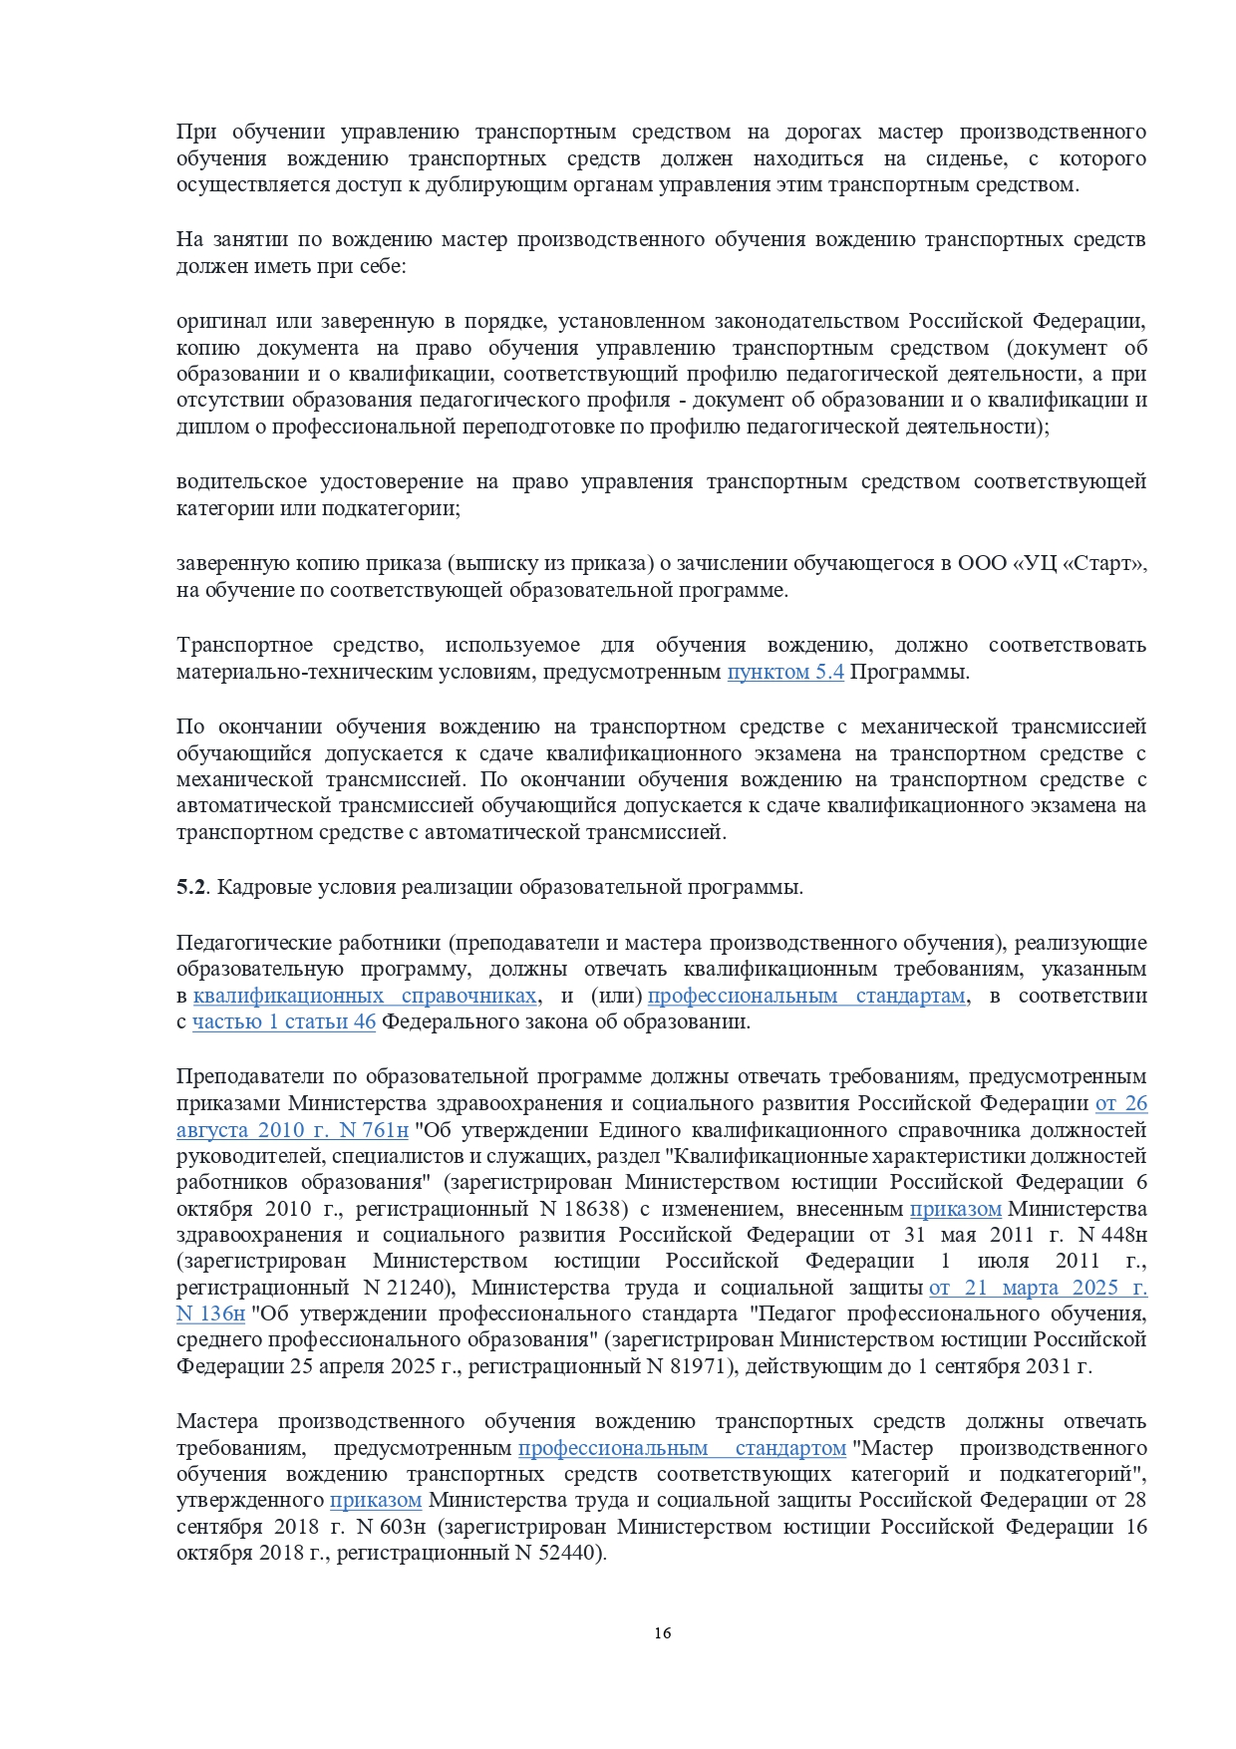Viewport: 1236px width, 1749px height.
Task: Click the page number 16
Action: coord(663,1632)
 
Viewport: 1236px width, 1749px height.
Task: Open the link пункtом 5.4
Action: coord(785,672)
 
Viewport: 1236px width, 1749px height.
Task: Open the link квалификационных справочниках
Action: coord(365,996)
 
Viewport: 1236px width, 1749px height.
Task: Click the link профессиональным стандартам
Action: coord(806,996)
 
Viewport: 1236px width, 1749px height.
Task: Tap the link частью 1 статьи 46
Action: coord(284,1021)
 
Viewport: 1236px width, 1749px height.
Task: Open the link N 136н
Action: coord(210,1314)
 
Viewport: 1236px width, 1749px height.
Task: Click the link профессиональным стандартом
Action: coord(682,1448)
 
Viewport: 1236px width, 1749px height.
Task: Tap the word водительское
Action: coord(241,482)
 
